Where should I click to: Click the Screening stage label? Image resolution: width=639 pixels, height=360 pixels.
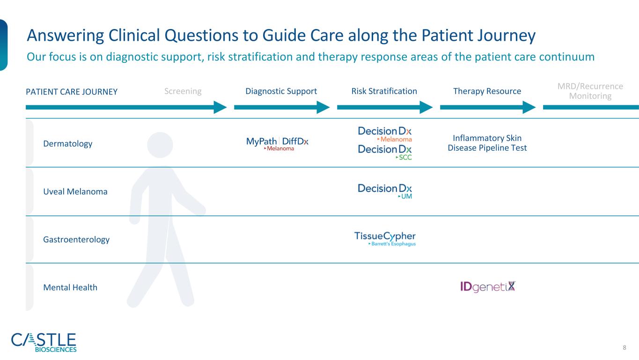[183, 91]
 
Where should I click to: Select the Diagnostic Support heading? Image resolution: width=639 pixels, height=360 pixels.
[281, 91]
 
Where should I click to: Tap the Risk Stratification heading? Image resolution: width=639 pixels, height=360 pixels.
[384, 91]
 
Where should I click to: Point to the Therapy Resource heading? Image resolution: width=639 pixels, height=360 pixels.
[487, 91]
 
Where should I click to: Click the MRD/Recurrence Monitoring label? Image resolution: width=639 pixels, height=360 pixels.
[590, 91]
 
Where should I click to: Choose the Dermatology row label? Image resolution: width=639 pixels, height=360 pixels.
[67, 144]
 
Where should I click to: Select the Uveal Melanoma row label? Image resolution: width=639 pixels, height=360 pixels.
[75, 191]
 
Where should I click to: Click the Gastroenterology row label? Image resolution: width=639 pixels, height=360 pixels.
[76, 239]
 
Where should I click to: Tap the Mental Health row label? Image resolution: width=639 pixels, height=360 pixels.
[70, 287]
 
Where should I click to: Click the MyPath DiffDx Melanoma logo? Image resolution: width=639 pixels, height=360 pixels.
[277, 144]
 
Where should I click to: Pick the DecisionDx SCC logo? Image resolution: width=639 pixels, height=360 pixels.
[385, 152]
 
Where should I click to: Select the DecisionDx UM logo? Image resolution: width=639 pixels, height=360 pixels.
[385, 191]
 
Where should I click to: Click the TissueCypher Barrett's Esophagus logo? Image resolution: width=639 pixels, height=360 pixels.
[385, 238]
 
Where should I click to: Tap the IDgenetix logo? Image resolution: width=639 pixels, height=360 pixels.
[488, 287]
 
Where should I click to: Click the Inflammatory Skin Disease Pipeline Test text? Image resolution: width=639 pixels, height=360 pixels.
[487, 143]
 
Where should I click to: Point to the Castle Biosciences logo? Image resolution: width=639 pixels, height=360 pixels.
[44, 342]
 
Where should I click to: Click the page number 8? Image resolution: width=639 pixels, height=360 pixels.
[624, 347]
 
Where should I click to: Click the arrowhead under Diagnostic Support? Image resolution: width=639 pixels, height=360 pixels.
[323, 107]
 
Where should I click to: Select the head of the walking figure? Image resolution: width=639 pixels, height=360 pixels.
[160, 145]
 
